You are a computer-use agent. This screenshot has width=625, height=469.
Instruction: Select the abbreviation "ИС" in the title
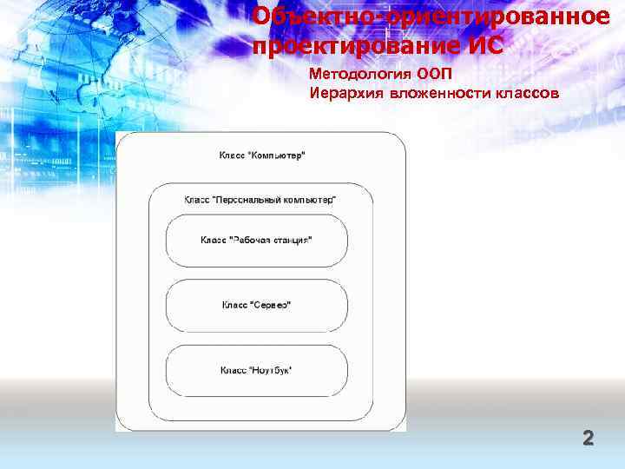click(483, 45)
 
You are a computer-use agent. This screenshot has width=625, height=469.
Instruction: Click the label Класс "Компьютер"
click(261, 156)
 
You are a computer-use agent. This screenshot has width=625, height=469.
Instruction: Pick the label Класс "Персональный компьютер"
click(260, 199)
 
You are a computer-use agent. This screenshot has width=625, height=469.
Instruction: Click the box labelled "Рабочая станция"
click(256, 241)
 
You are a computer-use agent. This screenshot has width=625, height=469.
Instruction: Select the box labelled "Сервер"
click(256, 305)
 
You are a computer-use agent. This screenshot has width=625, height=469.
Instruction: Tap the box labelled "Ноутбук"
click(256, 371)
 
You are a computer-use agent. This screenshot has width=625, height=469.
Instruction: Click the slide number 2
click(588, 438)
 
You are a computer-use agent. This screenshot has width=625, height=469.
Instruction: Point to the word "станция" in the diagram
click(288, 240)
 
